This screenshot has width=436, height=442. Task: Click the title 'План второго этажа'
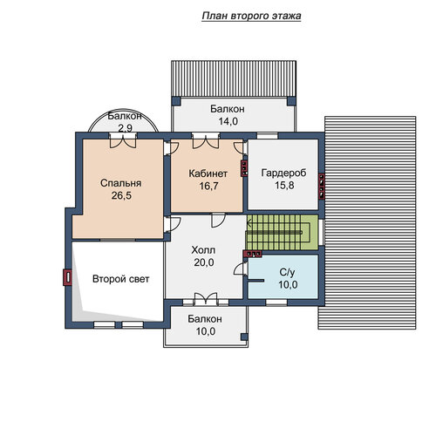pyautogui.click(x=251, y=16)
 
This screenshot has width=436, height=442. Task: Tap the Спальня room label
pyautogui.click(x=120, y=183)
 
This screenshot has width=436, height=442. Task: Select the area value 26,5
pyautogui.click(x=121, y=195)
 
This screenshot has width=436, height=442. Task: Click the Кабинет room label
pyautogui.click(x=208, y=173)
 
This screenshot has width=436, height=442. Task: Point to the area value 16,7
pyautogui.click(x=208, y=186)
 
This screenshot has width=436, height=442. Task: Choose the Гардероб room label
pyautogui.click(x=283, y=173)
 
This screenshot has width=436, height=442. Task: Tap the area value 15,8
pyautogui.click(x=284, y=186)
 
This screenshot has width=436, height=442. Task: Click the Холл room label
pyautogui.click(x=203, y=250)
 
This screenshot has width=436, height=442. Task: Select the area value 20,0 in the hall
pyautogui.click(x=204, y=262)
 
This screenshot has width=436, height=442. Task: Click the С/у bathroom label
pyautogui.click(x=287, y=272)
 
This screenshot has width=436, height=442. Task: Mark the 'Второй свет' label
pyautogui.click(x=120, y=279)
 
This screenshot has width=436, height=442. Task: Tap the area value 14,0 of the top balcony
pyautogui.click(x=228, y=121)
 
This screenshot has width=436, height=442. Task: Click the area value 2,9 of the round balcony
pyautogui.click(x=125, y=128)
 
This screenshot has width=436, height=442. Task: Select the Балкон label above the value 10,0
pyautogui.click(x=205, y=319)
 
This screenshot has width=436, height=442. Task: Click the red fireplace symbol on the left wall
pyautogui.click(x=67, y=277)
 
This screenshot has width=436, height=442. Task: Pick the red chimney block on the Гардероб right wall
pyautogui.click(x=321, y=187)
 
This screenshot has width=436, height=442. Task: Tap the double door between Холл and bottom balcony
pyautogui.click(x=206, y=299)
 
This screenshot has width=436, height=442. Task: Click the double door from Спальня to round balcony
pyautogui.click(x=123, y=140)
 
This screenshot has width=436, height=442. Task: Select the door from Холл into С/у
pyautogui.click(x=241, y=269)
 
